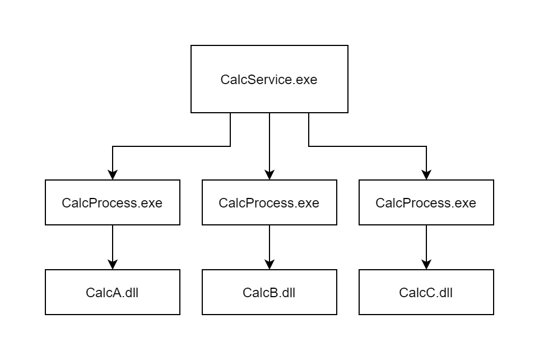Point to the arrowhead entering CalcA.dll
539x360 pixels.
point(113,265)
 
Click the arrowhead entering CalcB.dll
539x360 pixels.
point(269,265)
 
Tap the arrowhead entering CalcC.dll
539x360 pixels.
point(426,265)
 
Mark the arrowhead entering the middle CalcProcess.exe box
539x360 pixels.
point(269,175)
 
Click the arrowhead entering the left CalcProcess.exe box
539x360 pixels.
point(113,175)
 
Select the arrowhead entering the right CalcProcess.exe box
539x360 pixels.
point(426,175)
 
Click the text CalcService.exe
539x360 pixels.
point(269,80)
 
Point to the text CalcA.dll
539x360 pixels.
point(112,292)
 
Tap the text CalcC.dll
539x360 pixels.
point(426,292)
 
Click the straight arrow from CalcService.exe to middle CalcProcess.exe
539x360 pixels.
point(269,143)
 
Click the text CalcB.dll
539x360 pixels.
point(269,292)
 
